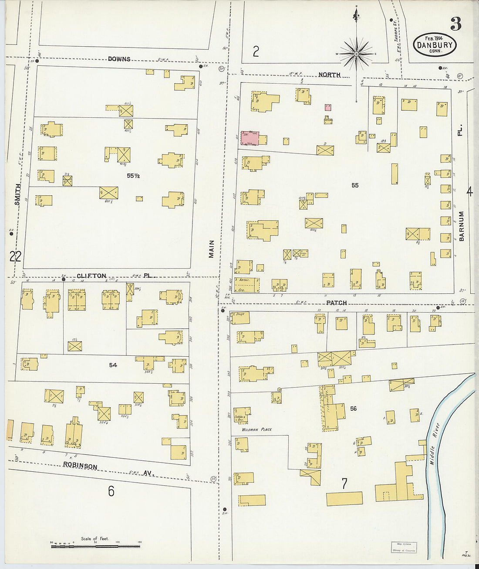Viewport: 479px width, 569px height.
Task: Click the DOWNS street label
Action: coord(119,59)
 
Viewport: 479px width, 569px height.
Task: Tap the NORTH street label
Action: coord(329,75)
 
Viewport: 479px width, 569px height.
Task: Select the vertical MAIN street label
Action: coord(212,249)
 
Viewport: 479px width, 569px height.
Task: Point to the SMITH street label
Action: coord(18,194)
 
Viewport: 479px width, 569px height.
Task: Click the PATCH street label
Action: coord(337,303)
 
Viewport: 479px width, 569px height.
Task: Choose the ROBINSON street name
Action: coord(80,466)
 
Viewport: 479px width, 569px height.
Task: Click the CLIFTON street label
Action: coord(91,276)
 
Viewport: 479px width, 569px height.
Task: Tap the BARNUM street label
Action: coord(462,226)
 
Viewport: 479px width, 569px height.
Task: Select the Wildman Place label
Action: coord(257,429)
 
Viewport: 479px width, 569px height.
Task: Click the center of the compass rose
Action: coord(356,54)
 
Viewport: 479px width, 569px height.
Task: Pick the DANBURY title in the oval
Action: coord(435,45)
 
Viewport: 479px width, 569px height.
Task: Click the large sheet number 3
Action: coord(455,24)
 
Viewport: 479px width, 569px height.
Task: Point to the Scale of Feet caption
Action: coord(95,538)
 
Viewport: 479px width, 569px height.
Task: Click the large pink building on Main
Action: coord(250,138)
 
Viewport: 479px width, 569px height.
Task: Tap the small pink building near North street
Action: coord(327,107)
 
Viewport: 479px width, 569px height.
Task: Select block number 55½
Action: coord(133,176)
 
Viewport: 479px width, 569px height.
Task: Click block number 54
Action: coord(113,365)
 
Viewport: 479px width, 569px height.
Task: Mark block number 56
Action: coord(353,409)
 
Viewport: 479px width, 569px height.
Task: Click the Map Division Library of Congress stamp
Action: coord(404,547)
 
